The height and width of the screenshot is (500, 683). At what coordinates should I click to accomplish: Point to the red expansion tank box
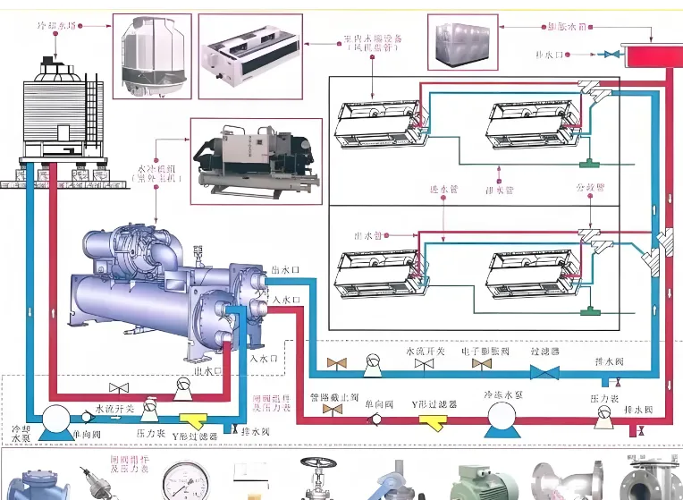pyautogui.click(x=653, y=56)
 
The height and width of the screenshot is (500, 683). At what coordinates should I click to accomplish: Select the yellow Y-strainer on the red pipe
pyautogui.click(x=433, y=421)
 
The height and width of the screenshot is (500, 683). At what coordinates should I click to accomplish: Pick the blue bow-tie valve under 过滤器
pyautogui.click(x=544, y=371)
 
